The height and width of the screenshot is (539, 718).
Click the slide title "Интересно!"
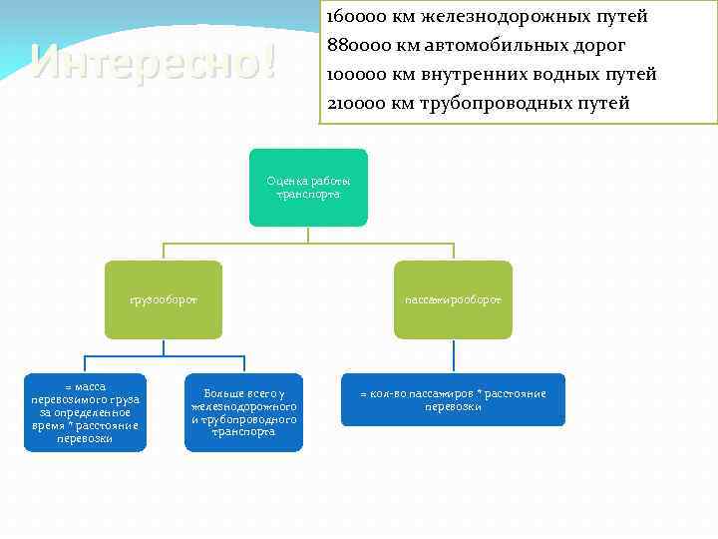(x=154, y=62)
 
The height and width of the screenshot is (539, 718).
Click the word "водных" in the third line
(x=570, y=75)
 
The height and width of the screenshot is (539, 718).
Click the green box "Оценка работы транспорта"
(x=308, y=187)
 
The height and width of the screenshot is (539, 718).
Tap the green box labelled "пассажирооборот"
(x=453, y=298)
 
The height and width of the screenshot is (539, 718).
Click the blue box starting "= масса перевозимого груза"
(x=85, y=412)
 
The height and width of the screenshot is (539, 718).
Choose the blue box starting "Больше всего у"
(x=243, y=412)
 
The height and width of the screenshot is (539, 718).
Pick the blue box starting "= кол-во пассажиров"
(x=453, y=399)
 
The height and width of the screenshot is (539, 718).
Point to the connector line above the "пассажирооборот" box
(x=454, y=252)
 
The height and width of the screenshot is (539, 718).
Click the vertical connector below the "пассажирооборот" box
(x=454, y=355)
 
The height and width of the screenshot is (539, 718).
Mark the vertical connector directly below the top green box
(x=308, y=235)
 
